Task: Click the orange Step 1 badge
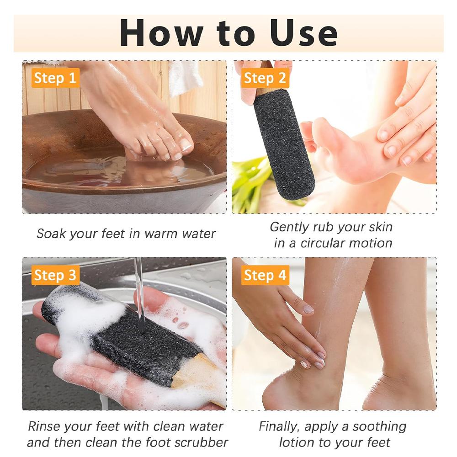[x=55, y=78]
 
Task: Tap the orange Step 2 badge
[x=265, y=78]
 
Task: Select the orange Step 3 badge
[x=55, y=275]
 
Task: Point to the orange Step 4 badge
[x=265, y=275]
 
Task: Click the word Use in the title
[x=303, y=33]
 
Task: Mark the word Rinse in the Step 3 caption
[x=43, y=427]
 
